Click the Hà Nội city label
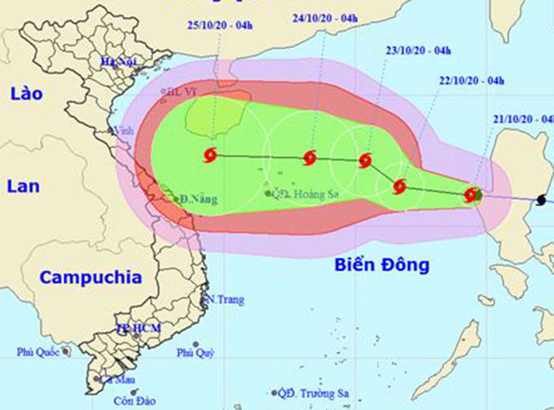click(x=117, y=62)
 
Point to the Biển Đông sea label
click(x=381, y=265)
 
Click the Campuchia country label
click(x=91, y=277)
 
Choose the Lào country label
click(x=25, y=95)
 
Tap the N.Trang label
click(x=226, y=300)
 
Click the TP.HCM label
click(x=138, y=328)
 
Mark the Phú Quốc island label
click(x=38, y=353)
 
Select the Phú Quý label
click(x=195, y=353)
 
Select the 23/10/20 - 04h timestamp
click(x=419, y=51)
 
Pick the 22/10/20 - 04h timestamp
click(x=472, y=80)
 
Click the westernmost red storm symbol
click(x=211, y=155)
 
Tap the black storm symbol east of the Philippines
click(x=542, y=200)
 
